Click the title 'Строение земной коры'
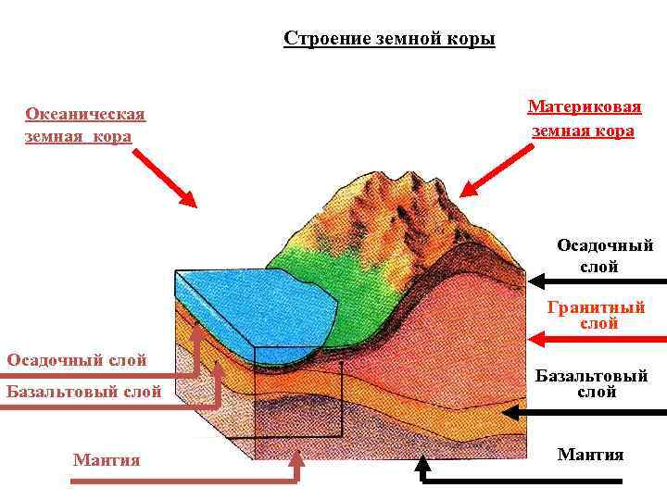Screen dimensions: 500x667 point(389,39)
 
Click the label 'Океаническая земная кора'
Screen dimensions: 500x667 point(85,125)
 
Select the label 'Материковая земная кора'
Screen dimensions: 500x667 point(584,119)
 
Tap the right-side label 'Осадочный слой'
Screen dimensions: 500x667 point(604,256)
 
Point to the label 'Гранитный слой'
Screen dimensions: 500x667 point(596,315)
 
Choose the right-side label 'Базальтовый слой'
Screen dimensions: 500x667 point(591,383)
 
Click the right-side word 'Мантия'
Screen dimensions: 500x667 point(590,454)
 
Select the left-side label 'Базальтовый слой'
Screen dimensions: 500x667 point(83,391)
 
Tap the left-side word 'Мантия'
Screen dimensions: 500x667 point(107,459)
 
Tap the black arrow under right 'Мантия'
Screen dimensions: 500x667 point(519,480)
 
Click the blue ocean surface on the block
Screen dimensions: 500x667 point(250,310)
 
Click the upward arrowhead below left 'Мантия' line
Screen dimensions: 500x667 point(297,456)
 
